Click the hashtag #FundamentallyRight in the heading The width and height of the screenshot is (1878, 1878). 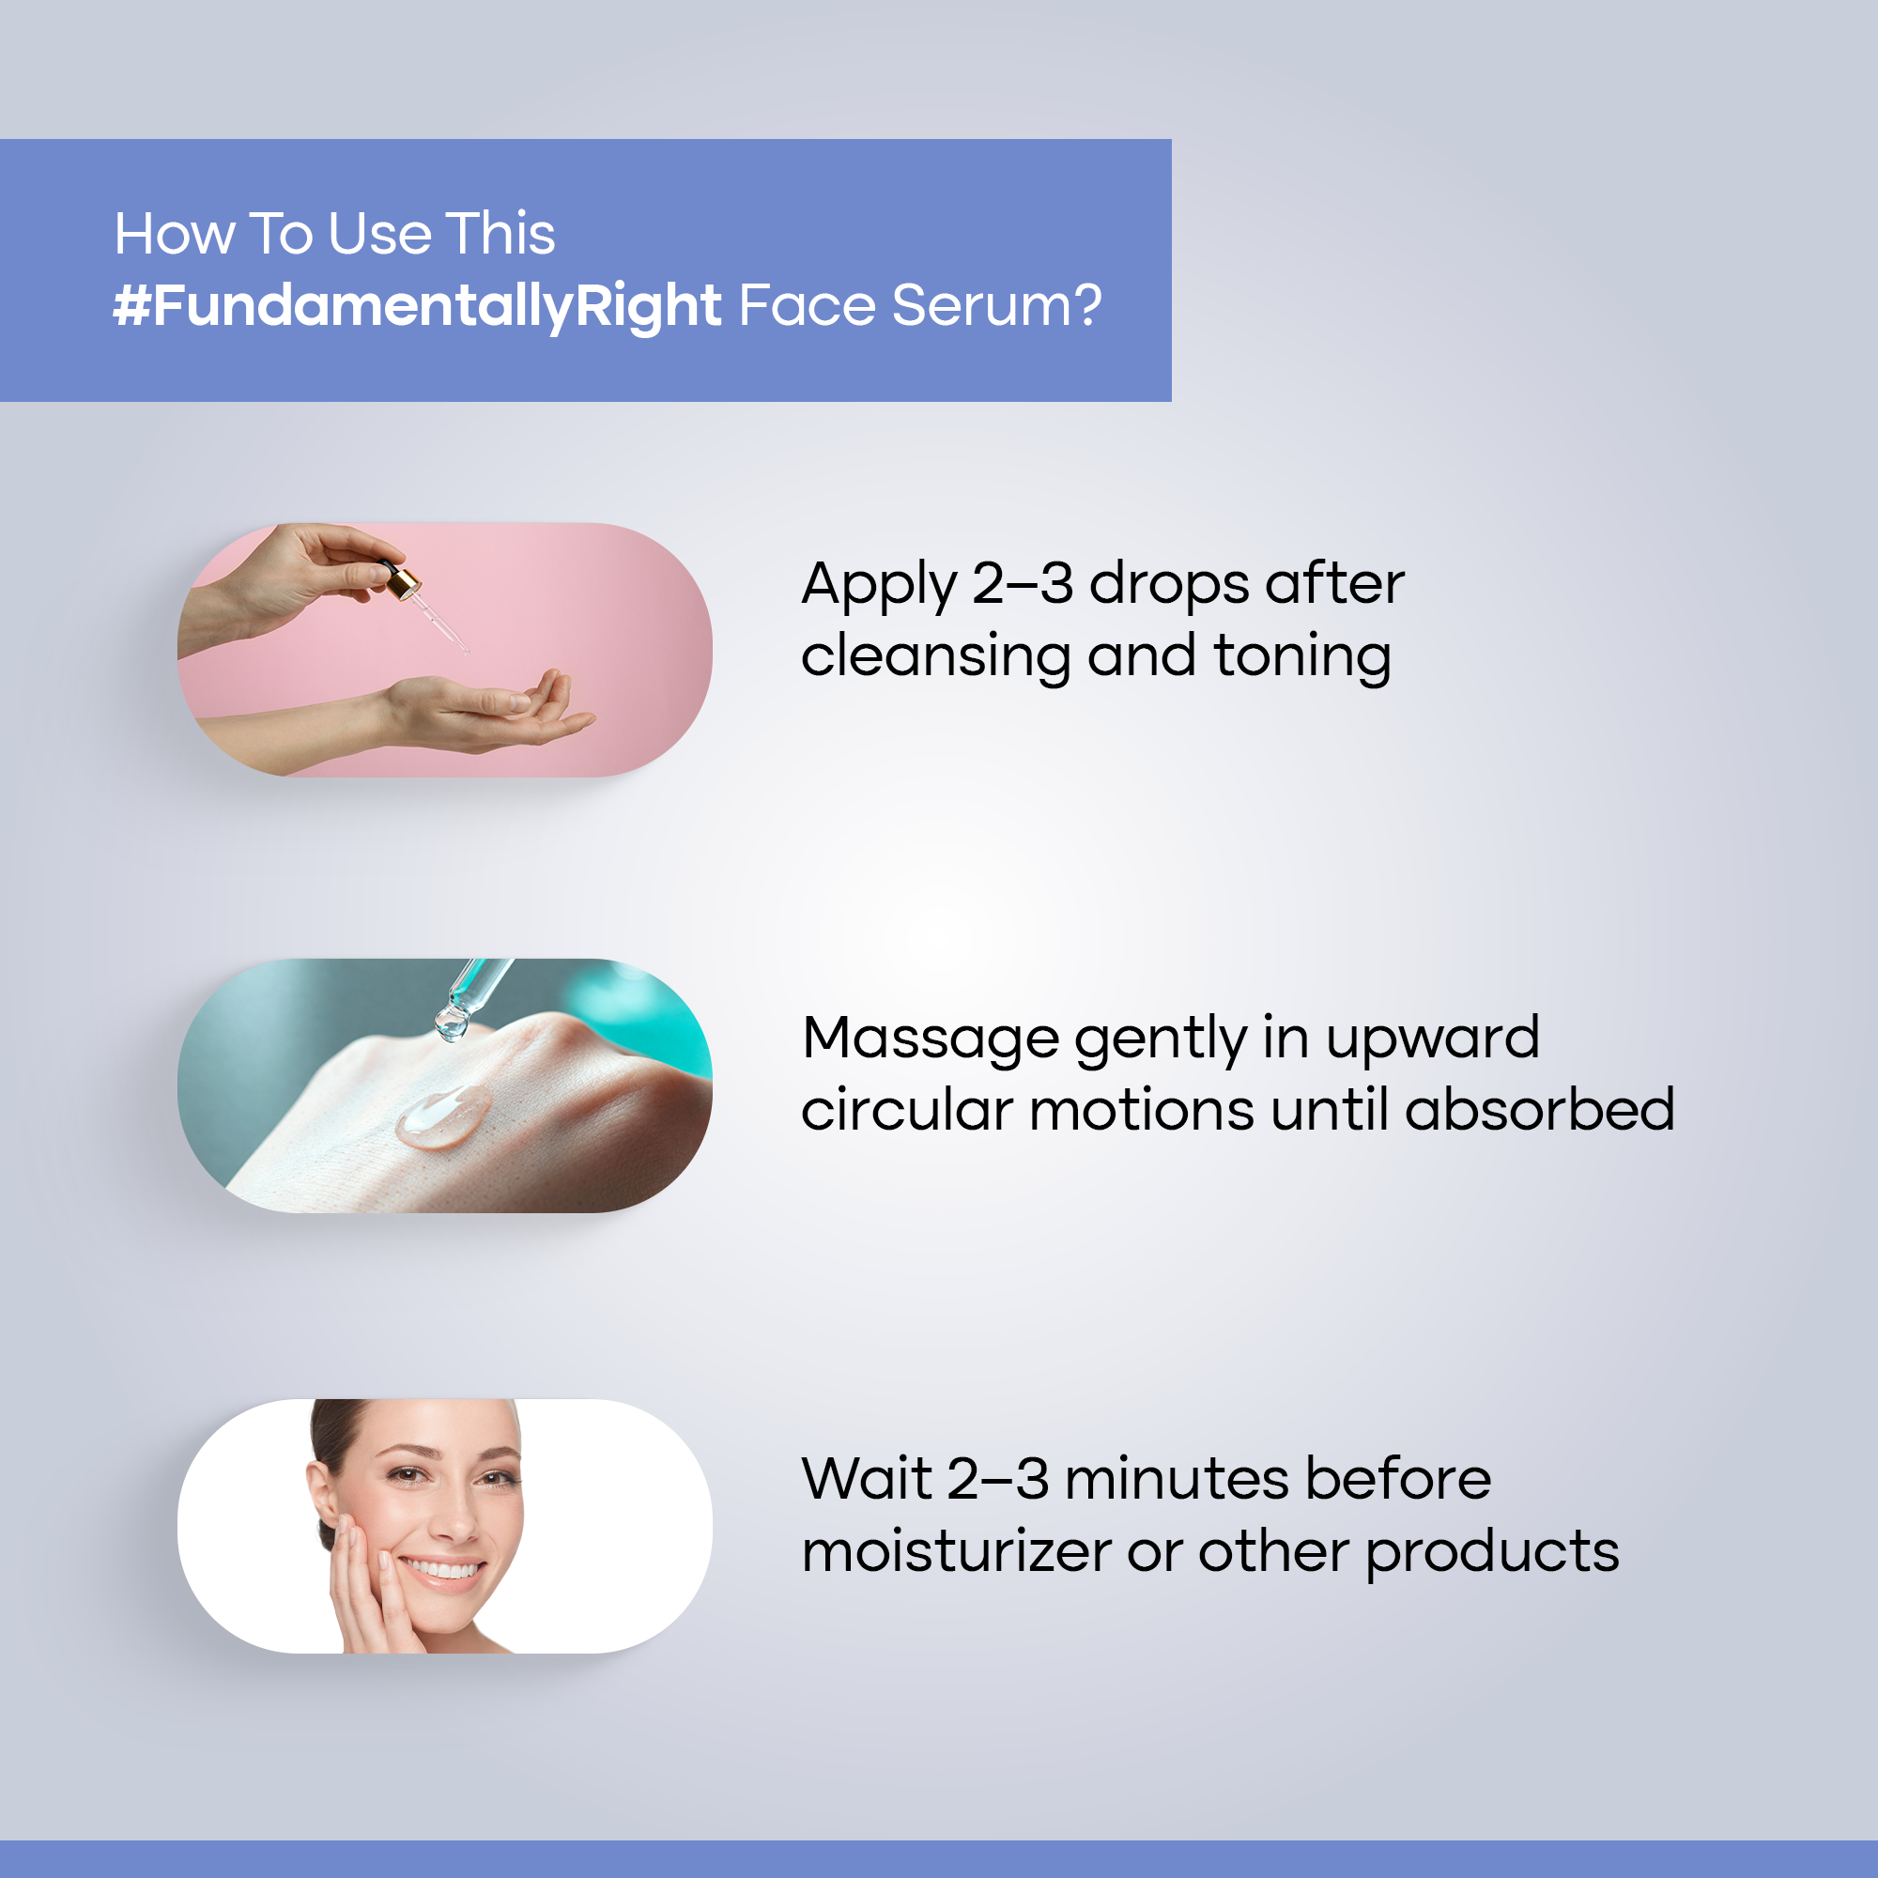(417, 307)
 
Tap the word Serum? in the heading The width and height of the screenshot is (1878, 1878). (996, 306)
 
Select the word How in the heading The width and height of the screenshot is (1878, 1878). (175, 234)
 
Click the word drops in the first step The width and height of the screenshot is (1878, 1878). (1166, 584)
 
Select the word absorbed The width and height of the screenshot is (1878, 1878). (1540, 1109)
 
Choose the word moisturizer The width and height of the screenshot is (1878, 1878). (957, 1550)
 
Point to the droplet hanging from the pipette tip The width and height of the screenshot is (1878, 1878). (451, 1023)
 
